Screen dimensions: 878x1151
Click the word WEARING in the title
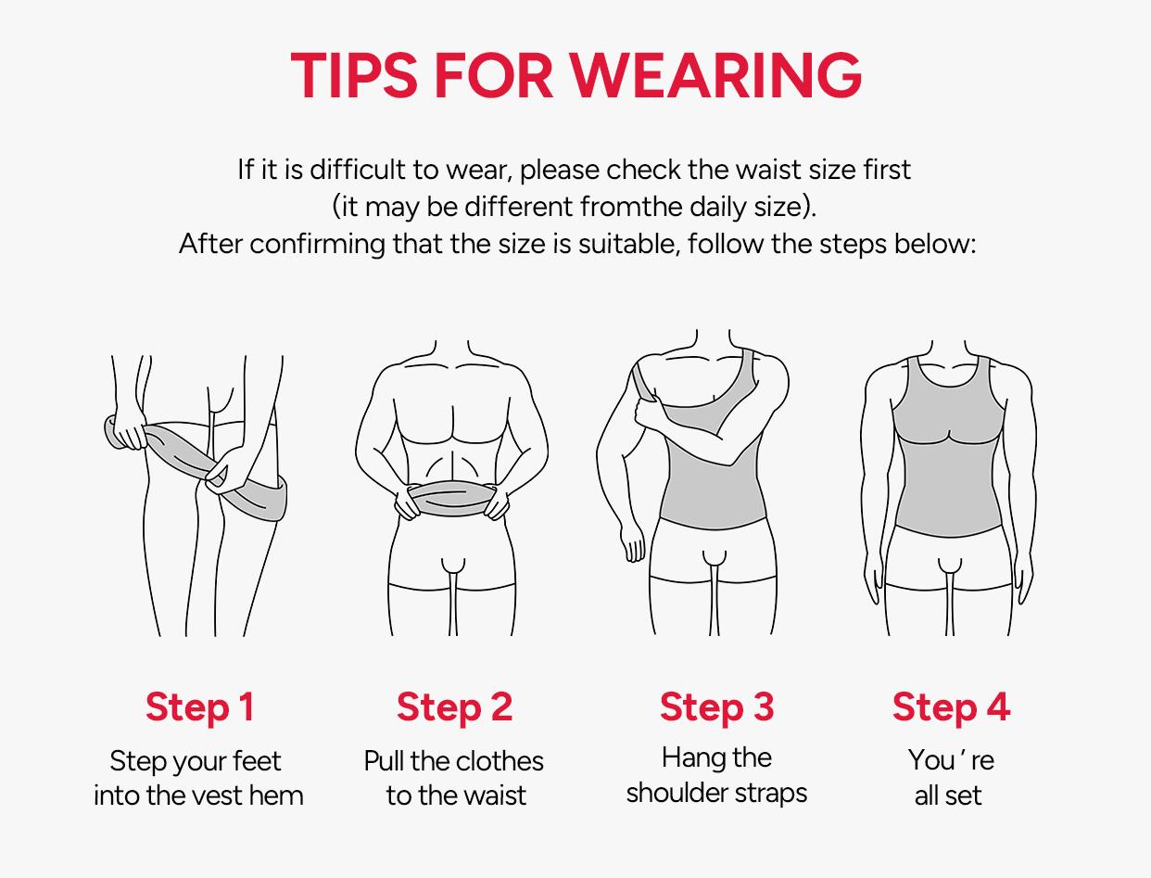(715, 74)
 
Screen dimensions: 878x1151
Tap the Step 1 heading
(199, 706)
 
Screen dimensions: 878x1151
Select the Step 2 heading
(454, 706)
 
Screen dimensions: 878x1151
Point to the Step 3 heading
(716, 706)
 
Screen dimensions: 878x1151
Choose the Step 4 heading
(951, 706)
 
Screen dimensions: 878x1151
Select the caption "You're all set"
(950, 777)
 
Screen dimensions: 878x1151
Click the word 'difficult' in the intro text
(358, 170)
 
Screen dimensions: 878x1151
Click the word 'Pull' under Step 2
(384, 761)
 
